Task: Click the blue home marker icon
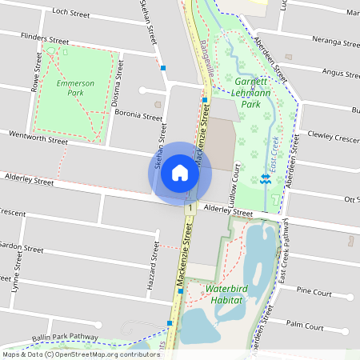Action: click(x=180, y=173)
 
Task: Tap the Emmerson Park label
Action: click(x=76, y=88)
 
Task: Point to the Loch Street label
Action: click(x=70, y=13)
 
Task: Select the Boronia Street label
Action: click(x=138, y=115)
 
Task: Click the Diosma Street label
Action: click(x=119, y=78)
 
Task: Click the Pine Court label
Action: click(x=314, y=293)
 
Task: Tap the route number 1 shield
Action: click(x=190, y=208)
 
